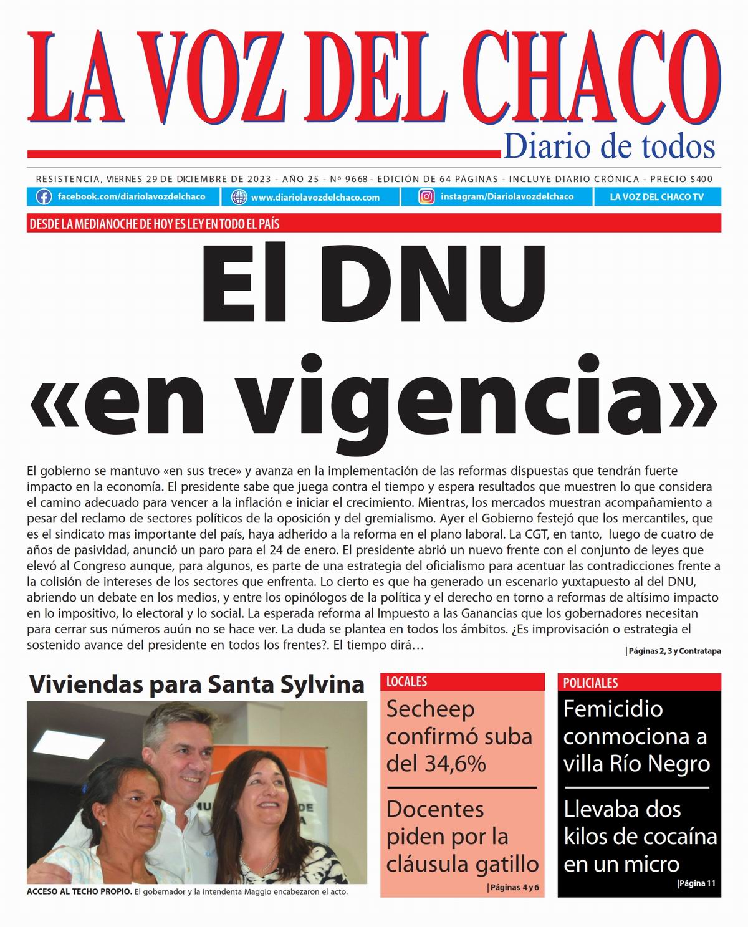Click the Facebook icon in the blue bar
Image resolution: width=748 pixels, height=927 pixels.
point(44,197)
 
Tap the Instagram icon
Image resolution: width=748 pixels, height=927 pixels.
point(426,197)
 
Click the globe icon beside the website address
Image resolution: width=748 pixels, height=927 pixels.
point(239,197)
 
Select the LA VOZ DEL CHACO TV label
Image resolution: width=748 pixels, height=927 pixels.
point(656,197)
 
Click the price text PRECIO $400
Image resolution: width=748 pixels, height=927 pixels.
point(684,179)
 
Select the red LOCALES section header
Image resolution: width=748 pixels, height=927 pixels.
point(407,681)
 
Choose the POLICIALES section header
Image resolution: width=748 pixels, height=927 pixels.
point(590,683)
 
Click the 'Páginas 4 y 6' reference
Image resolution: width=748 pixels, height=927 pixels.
point(514,887)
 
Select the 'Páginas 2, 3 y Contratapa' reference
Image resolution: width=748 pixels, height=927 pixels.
point(673,651)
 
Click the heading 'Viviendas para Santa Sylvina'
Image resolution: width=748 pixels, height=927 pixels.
point(197,684)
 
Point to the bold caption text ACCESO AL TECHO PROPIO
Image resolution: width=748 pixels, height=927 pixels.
point(79,891)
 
